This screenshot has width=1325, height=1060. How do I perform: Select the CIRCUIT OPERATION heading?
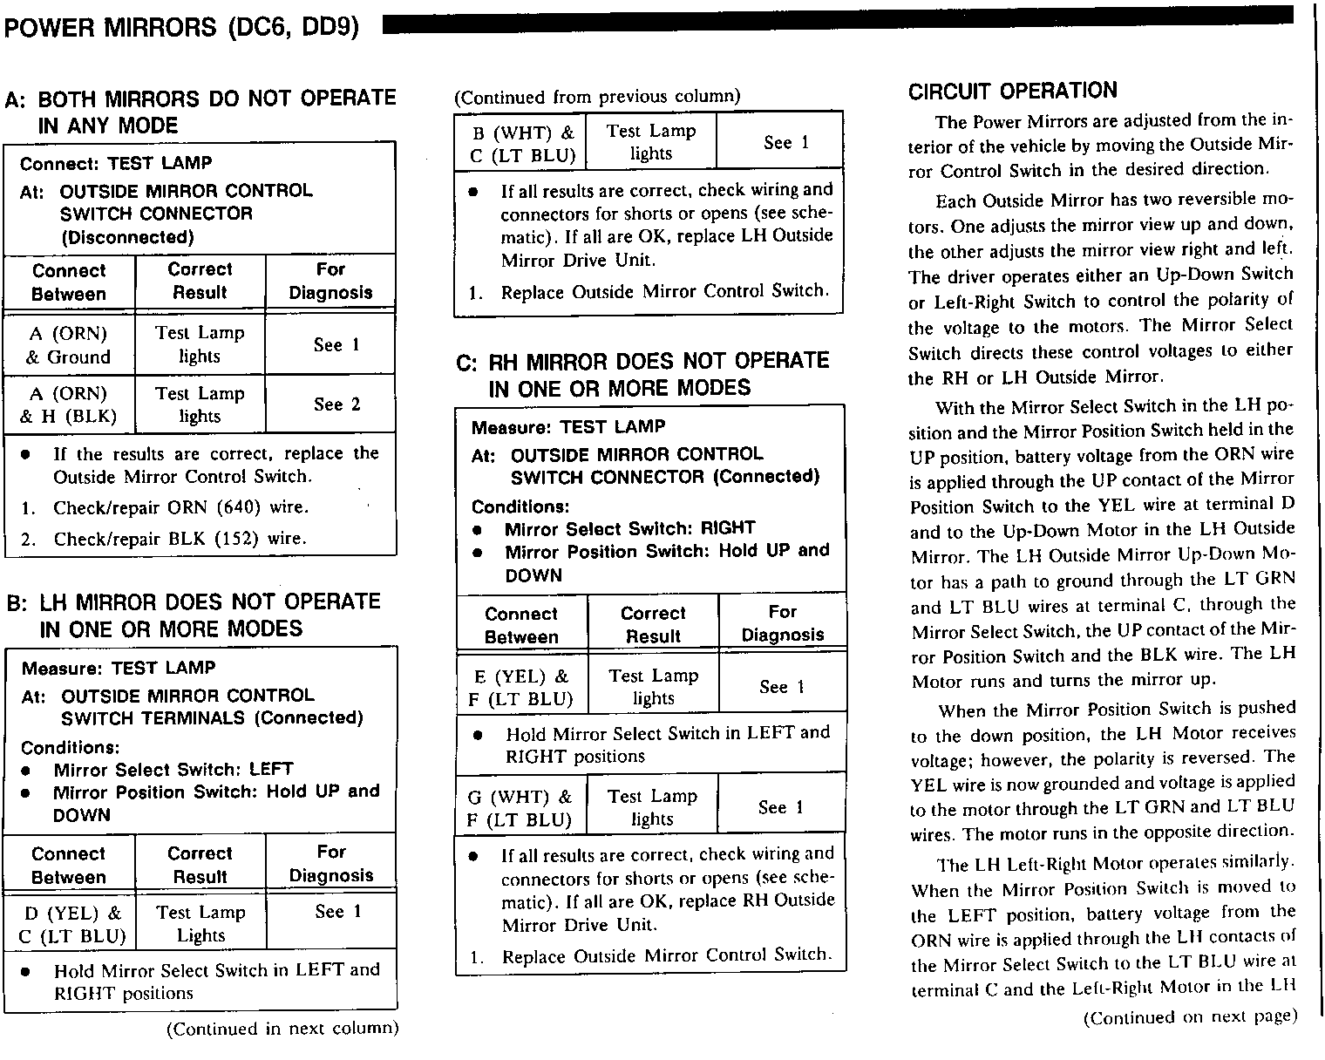pyautogui.click(x=1012, y=91)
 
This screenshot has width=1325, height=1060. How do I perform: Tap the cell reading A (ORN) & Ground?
pyautogui.click(x=68, y=344)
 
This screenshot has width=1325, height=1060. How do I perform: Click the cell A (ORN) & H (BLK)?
pyautogui.click(x=68, y=404)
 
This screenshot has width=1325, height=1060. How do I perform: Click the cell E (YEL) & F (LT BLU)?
pyautogui.click(x=522, y=687)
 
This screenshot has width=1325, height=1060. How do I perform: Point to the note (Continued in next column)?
pyautogui.click(x=282, y=1029)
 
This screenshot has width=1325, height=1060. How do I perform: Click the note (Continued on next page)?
pyautogui.click(x=1189, y=1016)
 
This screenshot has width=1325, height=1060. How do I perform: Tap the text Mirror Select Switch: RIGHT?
pyautogui.click(x=629, y=528)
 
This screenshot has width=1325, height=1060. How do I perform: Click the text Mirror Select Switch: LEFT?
pyautogui.click(x=173, y=770)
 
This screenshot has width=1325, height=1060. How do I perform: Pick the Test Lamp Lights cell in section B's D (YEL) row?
pyautogui.click(x=200, y=924)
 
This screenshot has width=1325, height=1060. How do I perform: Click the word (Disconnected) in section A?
pyautogui.click(x=127, y=237)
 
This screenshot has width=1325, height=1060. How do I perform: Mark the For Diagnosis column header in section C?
pyautogui.click(x=782, y=623)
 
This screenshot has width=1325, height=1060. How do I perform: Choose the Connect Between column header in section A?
pyautogui.click(x=68, y=282)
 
